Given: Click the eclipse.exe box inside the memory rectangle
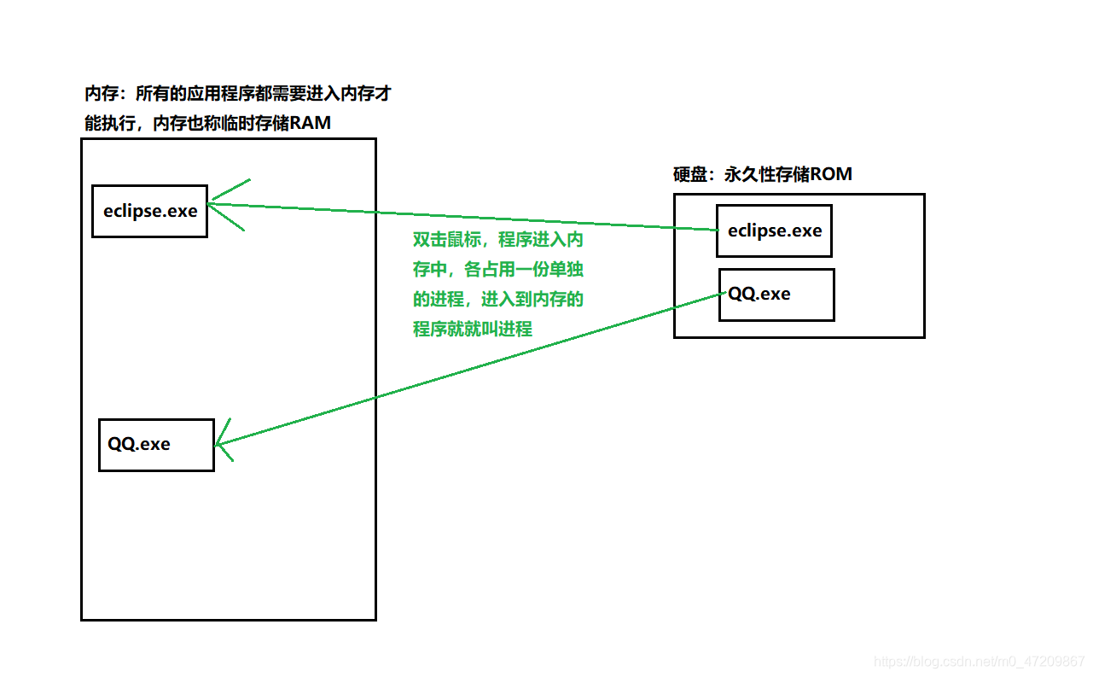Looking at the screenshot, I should [x=149, y=211].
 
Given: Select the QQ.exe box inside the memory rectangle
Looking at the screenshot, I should [x=156, y=444].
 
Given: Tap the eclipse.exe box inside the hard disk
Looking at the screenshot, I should [x=774, y=231].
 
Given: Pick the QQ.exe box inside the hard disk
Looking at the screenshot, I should [x=776, y=295].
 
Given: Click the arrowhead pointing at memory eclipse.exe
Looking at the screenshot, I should [x=213, y=202].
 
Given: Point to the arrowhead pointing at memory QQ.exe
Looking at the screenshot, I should [x=220, y=443].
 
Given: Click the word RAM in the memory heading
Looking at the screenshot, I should [x=310, y=124].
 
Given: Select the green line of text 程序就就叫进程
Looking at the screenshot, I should [x=473, y=329].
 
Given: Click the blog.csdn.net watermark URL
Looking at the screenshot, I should [x=980, y=662].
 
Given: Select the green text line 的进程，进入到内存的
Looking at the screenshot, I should [x=498, y=300].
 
